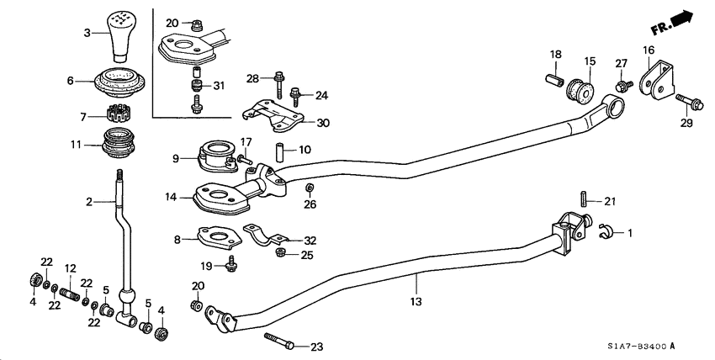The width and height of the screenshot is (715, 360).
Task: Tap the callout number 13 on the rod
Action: (416, 301)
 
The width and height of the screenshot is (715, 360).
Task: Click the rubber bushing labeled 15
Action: (580, 87)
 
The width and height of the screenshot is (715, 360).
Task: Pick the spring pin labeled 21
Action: (581, 200)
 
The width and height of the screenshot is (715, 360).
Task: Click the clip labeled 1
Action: (605, 230)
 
